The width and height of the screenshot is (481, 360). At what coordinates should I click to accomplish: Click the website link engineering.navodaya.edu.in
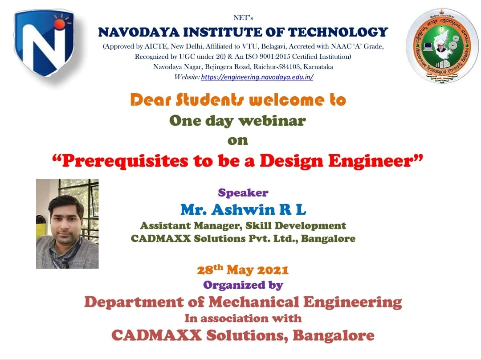pyautogui.click(x=257, y=77)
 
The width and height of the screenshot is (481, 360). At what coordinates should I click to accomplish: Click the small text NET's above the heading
pyautogui.click(x=243, y=18)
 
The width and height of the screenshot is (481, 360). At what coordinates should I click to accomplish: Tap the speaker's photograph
pyautogui.click(x=67, y=224)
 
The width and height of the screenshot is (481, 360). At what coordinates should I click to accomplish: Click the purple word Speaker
pyautogui.click(x=243, y=193)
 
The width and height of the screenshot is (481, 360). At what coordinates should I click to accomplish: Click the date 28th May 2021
pyautogui.click(x=243, y=270)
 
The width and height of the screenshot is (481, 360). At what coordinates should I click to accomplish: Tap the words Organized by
pyautogui.click(x=243, y=284)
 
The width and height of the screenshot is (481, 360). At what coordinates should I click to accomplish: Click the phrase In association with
pyautogui.click(x=243, y=319)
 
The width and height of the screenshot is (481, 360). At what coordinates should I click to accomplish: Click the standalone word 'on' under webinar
pyautogui.click(x=237, y=141)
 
